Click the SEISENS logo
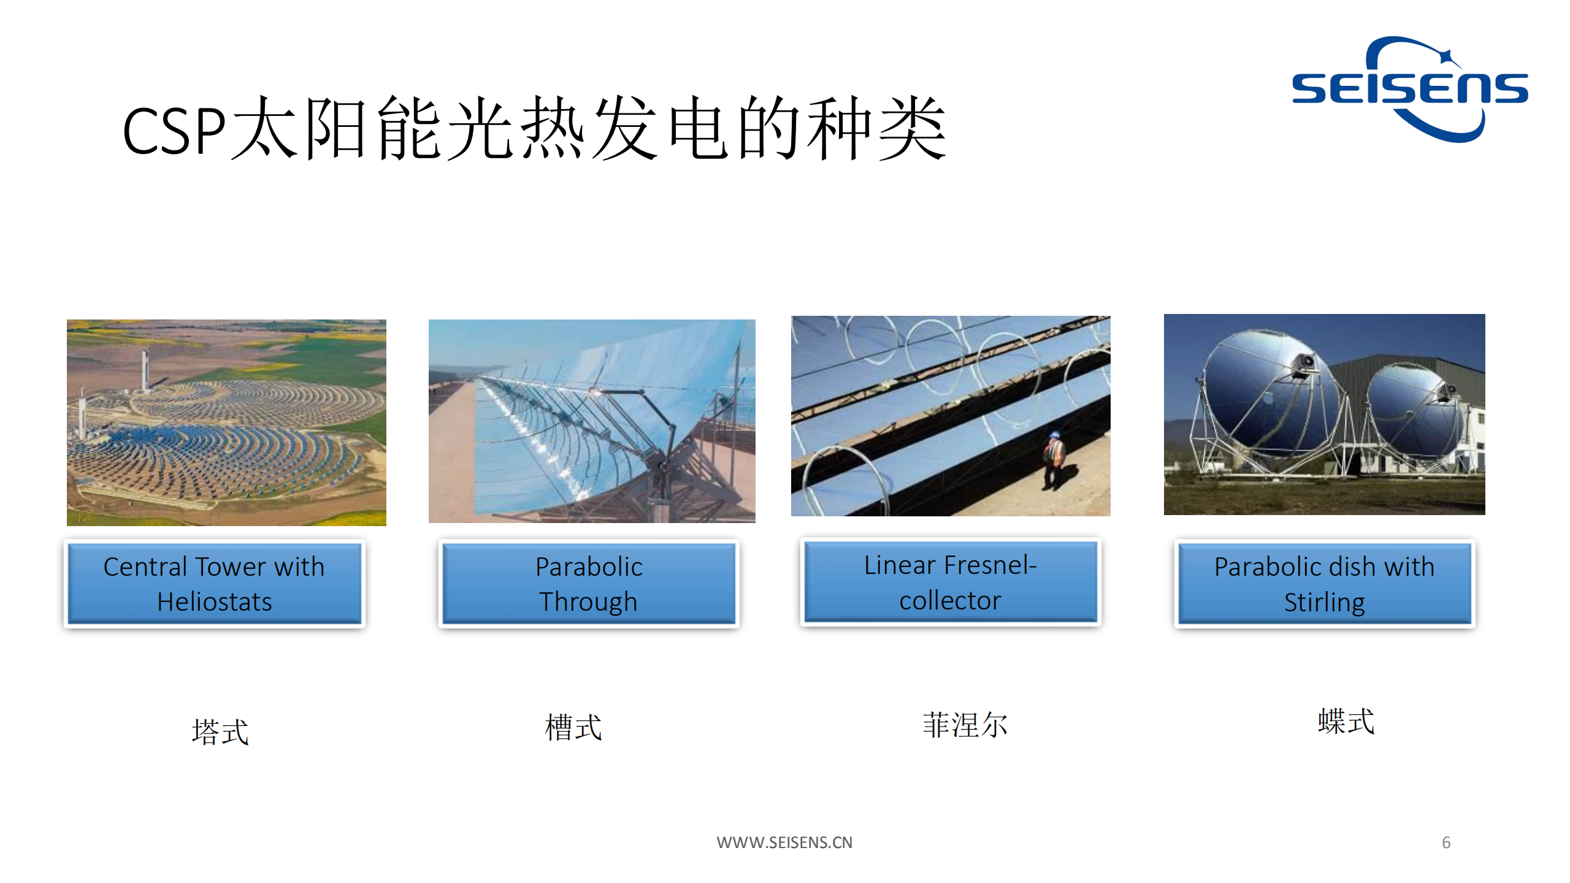tap(1409, 90)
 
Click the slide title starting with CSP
tap(534, 129)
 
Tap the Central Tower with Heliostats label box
tap(214, 584)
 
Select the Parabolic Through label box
tap(589, 584)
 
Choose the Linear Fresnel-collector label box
tap(950, 582)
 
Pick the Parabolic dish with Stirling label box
tap(1325, 584)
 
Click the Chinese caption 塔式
tap(220, 732)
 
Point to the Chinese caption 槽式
tap(573, 727)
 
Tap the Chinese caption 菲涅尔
tap(965, 725)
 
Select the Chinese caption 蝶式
tap(1346, 721)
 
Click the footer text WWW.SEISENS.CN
tap(784, 843)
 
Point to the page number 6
tap(1446, 843)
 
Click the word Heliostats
tap(214, 602)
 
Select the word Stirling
tap(1325, 603)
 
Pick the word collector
tap(950, 601)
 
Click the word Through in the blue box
tap(589, 602)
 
